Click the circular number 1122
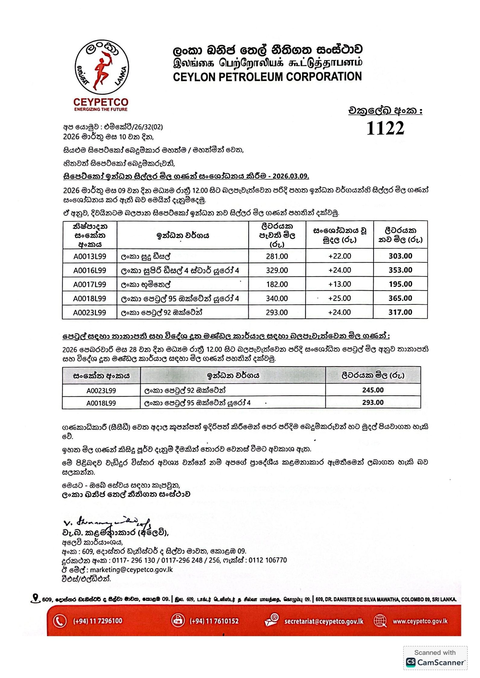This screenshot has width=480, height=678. pos(385,128)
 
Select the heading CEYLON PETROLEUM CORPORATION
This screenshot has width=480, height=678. pos(267,77)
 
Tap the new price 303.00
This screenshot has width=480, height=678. pos(400,256)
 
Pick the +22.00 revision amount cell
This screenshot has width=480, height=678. pos(340,256)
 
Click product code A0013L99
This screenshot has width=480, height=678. pos(90,256)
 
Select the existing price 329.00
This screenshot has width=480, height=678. pos(277,270)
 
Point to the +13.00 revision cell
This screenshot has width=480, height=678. pos(340,284)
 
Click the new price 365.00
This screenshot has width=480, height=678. pos(400,298)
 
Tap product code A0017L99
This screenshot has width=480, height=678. pos(90,284)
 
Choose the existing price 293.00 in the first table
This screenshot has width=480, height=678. pos(277,312)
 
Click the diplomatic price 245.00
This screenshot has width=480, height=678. pos(373,390)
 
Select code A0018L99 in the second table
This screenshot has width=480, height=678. pos(101,403)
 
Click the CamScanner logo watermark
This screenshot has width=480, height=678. pos(435,662)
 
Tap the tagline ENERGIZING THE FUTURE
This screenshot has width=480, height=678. pos(101,109)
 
